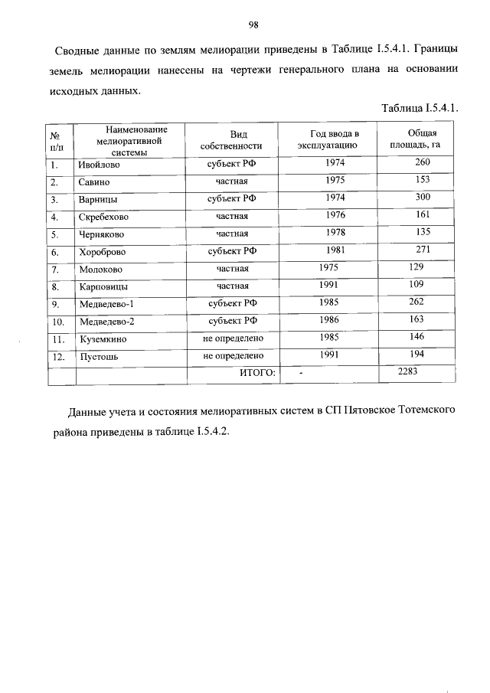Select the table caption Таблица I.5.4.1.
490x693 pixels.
pos(420,108)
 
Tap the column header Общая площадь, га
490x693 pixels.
pos(416,139)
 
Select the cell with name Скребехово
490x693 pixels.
pos(103,217)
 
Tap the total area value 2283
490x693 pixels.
pos(411,371)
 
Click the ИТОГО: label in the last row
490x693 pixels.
pos(257,373)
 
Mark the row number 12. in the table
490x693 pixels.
pos(57,357)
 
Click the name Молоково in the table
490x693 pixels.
pos(100,270)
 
